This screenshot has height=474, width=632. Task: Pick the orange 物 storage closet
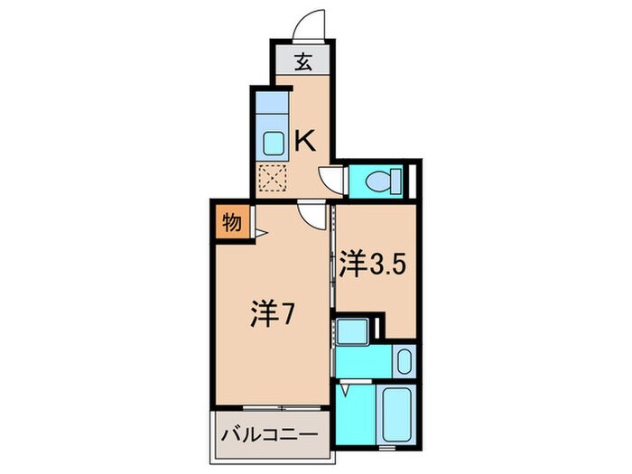click(231, 221)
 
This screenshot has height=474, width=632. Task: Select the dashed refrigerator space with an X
click(272, 179)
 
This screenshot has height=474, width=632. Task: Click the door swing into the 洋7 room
click(312, 215)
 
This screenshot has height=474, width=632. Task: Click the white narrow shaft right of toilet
click(412, 181)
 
